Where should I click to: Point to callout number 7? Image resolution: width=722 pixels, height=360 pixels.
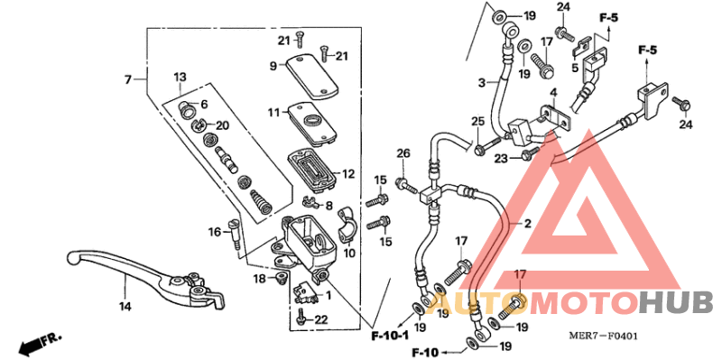pos(128,80)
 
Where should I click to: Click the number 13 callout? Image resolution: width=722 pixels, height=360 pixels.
pos(179,77)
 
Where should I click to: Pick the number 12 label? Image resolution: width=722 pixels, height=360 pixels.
pos(348,174)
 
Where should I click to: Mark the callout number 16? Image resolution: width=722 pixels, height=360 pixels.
pos(215,233)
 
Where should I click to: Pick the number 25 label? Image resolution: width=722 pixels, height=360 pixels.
pos(477,121)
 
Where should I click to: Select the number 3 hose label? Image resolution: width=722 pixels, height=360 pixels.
pos(481,82)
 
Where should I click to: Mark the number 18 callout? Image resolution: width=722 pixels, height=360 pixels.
pos(259,279)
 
